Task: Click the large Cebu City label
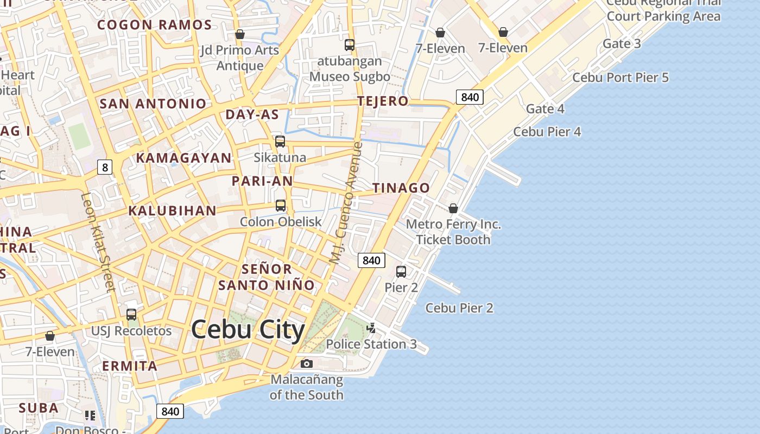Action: (x=248, y=329)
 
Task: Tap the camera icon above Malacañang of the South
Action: (x=307, y=363)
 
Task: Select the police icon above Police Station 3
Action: (x=371, y=328)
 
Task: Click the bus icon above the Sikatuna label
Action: (x=280, y=142)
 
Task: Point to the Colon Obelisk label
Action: (x=281, y=221)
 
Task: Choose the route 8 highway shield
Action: (x=104, y=167)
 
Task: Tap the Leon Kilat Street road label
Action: (x=98, y=242)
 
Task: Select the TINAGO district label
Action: (x=401, y=188)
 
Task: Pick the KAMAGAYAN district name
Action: (x=183, y=158)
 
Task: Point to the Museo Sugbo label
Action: (x=350, y=76)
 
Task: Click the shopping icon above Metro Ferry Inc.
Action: (x=453, y=208)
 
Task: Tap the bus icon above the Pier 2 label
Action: (x=401, y=272)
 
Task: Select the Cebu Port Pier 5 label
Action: (x=620, y=78)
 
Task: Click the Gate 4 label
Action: (x=545, y=108)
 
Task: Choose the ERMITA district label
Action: (x=130, y=366)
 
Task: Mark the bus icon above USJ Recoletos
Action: (x=131, y=315)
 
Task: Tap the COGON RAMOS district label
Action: (x=154, y=25)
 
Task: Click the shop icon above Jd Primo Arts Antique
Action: (x=240, y=35)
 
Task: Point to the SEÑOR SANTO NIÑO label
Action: (x=267, y=277)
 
